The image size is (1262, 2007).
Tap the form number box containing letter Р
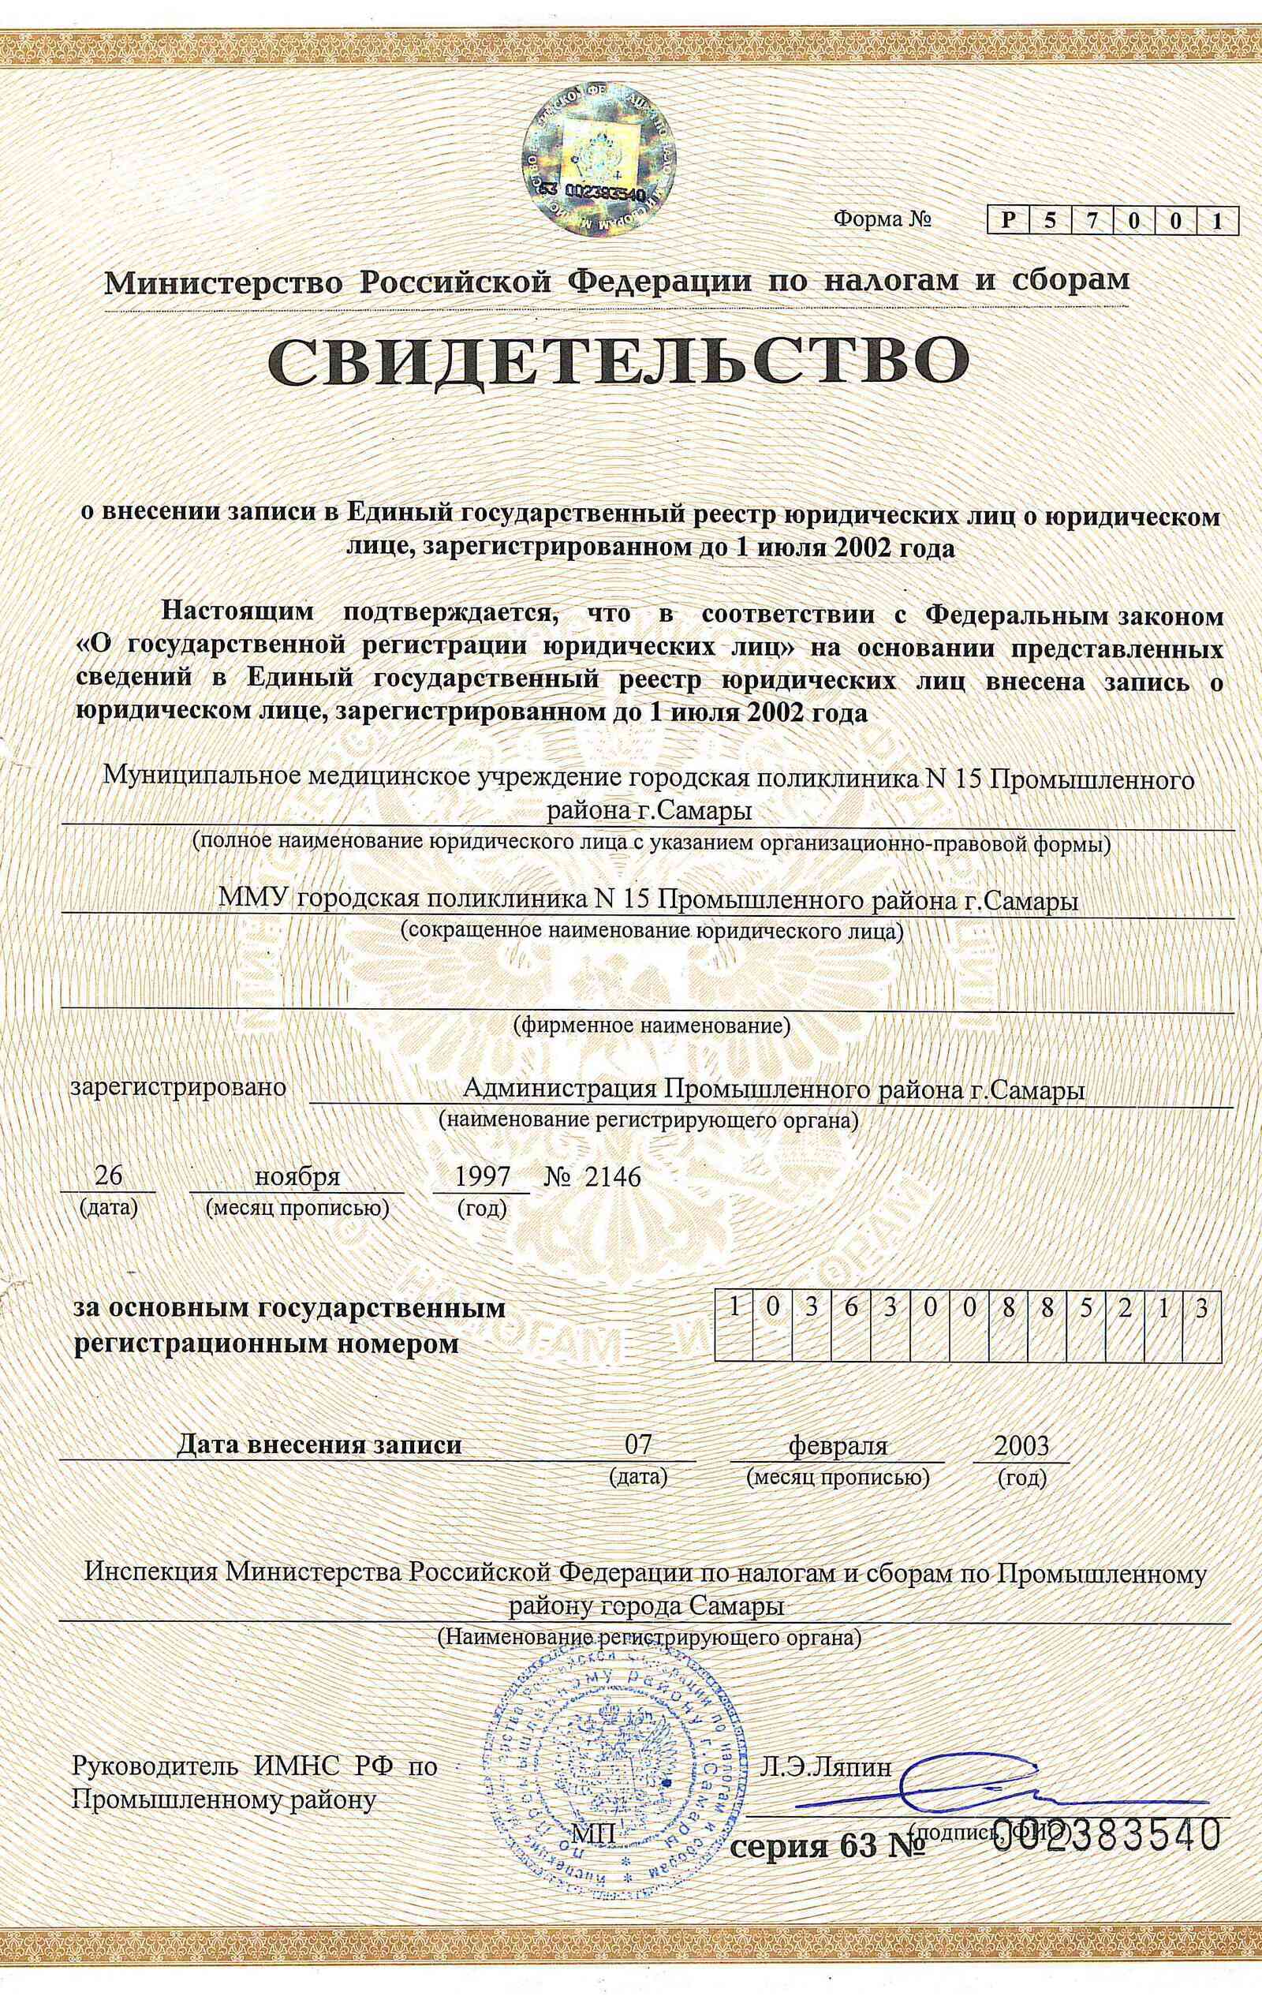pyautogui.click(x=1010, y=221)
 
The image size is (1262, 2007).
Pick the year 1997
pyautogui.click(x=481, y=1176)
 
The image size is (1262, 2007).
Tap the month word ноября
pyautogui.click(x=297, y=1176)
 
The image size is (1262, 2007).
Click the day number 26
pyautogui.click(x=109, y=1175)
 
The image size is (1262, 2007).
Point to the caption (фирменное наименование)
pyautogui.click(x=650, y=1024)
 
